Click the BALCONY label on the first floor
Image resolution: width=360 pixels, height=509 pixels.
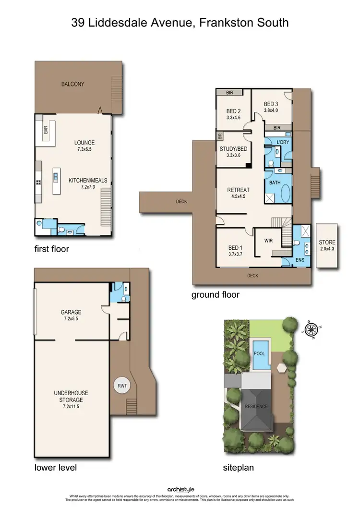click(x=72, y=84)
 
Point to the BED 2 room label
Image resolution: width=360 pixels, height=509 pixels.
click(x=233, y=110)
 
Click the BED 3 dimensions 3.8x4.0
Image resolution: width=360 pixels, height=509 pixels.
click(x=270, y=110)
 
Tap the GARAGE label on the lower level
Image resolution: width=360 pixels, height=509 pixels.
click(x=71, y=312)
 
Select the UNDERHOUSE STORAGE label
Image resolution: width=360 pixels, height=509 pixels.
click(x=71, y=396)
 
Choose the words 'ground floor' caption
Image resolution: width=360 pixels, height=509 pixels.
click(x=215, y=294)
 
